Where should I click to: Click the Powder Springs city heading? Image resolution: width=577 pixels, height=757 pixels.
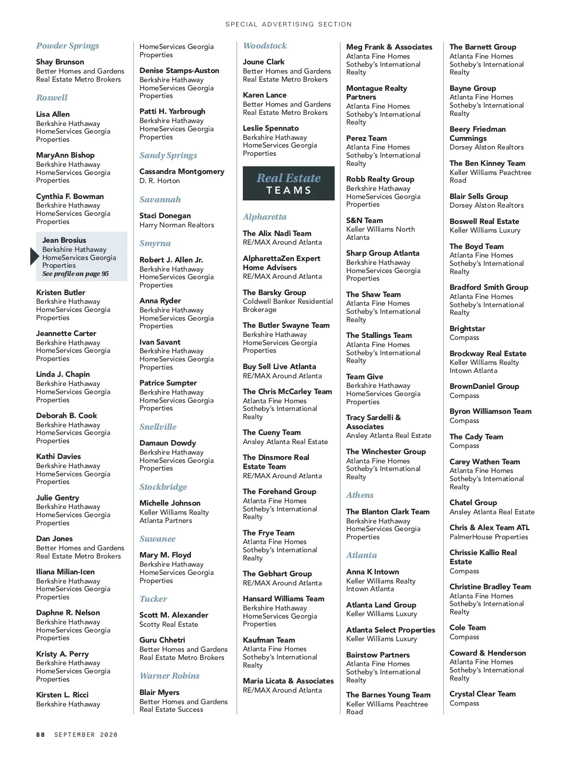[x=67, y=46]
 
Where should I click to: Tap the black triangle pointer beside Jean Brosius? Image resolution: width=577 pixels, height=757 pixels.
[x=34, y=257]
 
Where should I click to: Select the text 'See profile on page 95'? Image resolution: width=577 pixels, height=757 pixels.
[x=75, y=274]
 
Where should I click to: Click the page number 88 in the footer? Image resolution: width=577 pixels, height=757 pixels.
[x=40, y=734]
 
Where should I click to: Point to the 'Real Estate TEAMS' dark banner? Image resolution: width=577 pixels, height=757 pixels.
[x=288, y=183]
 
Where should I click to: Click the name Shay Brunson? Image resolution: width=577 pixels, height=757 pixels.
[x=60, y=62]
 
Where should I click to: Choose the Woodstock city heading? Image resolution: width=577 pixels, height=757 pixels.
[x=264, y=46]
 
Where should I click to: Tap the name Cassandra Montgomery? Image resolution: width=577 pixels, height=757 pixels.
[x=182, y=172]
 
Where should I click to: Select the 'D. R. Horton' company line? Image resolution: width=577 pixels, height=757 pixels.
[x=160, y=181]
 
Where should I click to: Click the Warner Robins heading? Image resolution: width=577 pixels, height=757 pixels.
[x=169, y=676]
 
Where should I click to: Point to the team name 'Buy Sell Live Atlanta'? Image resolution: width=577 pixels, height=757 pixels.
[x=279, y=367]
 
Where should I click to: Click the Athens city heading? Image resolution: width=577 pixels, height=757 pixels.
[x=360, y=495]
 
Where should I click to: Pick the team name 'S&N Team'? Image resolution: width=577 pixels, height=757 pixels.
[x=364, y=221]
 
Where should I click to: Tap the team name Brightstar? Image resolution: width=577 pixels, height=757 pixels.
[x=467, y=329]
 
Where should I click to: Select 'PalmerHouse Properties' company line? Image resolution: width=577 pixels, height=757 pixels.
[x=489, y=537]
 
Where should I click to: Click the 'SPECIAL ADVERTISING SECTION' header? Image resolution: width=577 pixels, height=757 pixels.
[x=288, y=24]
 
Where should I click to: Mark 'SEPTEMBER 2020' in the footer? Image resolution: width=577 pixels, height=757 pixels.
[x=86, y=734]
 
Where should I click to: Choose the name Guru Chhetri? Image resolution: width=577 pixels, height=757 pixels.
[x=162, y=640]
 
